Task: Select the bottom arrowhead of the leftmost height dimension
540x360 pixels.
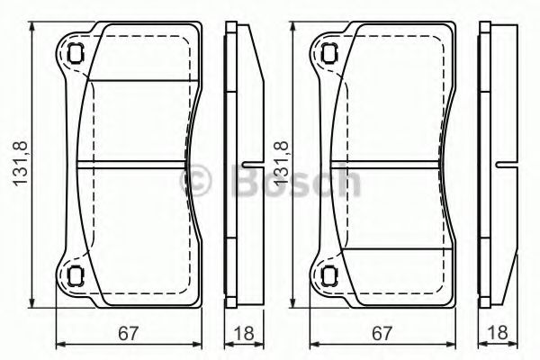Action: click(x=33, y=303)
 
